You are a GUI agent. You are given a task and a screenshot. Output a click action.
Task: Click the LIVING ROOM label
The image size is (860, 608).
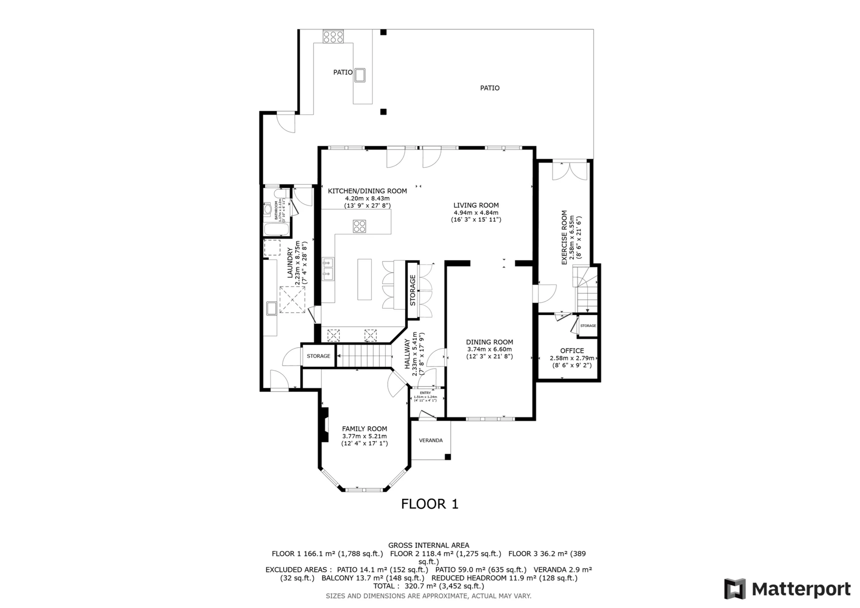[476, 205]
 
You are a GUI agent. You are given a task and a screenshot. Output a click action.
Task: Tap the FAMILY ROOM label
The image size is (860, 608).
[364, 429]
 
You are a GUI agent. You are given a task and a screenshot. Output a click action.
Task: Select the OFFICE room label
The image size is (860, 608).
[572, 351]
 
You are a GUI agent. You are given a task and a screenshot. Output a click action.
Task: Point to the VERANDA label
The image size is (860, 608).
[431, 440]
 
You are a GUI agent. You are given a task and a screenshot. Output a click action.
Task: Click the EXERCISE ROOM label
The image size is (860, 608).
[564, 237]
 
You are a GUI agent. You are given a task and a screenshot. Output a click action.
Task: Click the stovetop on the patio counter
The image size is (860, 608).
[333, 36]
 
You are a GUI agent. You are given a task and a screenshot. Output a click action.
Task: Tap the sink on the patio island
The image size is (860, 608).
[360, 75]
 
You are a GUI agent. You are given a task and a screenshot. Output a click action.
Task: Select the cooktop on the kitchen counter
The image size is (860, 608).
[359, 226]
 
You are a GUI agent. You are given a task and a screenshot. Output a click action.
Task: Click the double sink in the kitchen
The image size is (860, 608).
[327, 269]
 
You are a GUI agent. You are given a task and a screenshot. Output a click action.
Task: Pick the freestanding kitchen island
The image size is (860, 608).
[364, 279]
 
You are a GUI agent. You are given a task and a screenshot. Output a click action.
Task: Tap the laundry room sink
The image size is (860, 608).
[271, 308]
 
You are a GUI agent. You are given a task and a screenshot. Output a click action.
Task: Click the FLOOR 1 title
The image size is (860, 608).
[430, 504]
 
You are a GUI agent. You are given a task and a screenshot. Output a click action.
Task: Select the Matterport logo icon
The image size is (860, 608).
[735, 589]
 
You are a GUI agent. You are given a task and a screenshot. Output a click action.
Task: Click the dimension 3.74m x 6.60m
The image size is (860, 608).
[489, 349]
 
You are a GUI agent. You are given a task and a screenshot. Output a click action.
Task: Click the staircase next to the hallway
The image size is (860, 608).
[364, 355]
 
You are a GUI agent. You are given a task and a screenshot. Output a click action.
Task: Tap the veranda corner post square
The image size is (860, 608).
[447, 457]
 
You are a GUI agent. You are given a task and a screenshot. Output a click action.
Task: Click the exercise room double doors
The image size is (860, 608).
[569, 171]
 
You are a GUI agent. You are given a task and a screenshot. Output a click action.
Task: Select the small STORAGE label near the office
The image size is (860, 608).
[588, 326]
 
